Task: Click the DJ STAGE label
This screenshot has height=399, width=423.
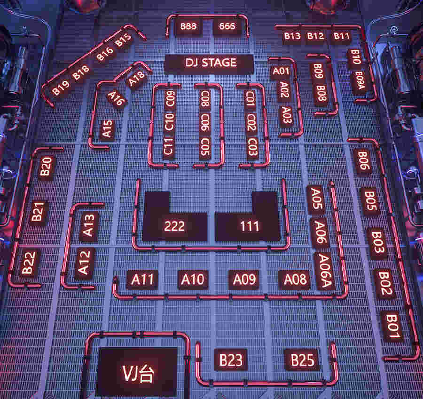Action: (211, 63)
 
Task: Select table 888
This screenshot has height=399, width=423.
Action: (188, 26)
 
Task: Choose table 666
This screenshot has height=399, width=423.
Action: (227, 26)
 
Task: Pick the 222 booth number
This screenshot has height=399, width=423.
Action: (174, 226)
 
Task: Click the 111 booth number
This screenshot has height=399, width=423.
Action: (250, 226)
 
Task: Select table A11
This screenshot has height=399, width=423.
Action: (142, 279)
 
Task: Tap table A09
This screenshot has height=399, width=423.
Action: (244, 279)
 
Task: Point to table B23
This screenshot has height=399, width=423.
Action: (231, 360)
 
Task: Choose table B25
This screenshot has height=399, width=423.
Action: (302, 360)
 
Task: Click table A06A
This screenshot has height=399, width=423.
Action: (324, 271)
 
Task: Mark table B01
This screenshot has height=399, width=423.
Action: (392, 326)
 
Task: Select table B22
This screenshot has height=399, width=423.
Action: (29, 263)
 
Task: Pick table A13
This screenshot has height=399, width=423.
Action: (89, 225)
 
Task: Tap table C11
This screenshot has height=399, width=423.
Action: (168, 147)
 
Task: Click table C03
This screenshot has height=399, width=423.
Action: (252, 147)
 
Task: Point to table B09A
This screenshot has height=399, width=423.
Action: (360, 81)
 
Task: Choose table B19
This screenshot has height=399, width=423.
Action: (61, 88)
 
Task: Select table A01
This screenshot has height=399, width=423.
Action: (281, 72)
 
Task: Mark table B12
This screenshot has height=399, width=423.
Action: (316, 36)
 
